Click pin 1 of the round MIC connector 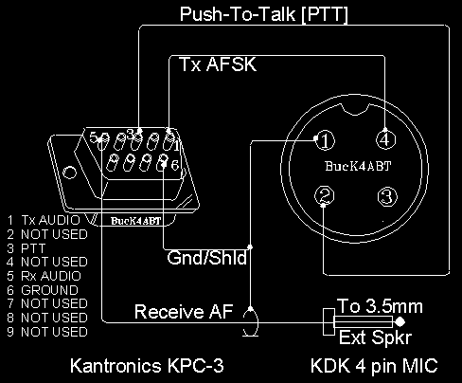coord(326,140)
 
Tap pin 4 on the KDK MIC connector coord(386,139)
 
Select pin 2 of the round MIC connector coord(325,196)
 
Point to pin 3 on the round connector coord(387,196)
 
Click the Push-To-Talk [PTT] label coord(264,14)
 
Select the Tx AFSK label coord(218,64)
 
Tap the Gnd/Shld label coord(206,258)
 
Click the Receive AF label coord(184,312)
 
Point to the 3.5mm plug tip coord(400,322)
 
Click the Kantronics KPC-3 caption coord(147,366)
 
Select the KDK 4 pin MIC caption coord(374,366)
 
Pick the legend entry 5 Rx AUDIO coord(44,276)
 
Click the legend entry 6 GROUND coord(43,290)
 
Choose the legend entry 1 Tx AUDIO coord(44,220)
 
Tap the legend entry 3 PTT coord(27,248)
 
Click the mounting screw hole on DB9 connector coord(69,173)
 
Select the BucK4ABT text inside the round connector coord(358,166)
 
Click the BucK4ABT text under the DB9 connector coord(136,221)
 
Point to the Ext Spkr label coord(376,337)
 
